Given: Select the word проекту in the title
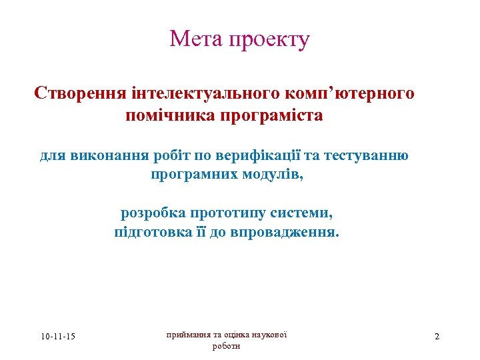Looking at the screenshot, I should [x=269, y=40].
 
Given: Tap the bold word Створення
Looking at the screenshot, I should [x=78, y=93].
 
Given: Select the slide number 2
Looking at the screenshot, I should [x=437, y=336].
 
